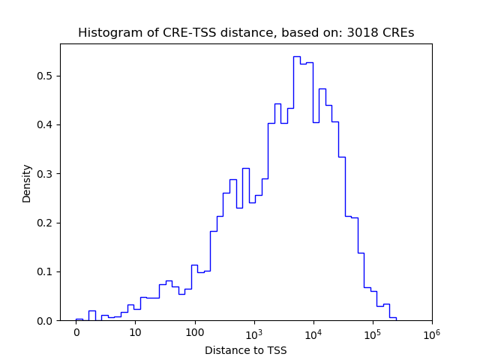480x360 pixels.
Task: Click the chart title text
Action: point(246,33)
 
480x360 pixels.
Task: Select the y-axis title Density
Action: point(27,183)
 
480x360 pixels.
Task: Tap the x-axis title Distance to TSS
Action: point(246,350)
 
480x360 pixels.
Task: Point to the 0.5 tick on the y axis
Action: point(47,76)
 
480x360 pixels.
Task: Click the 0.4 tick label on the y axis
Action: point(47,124)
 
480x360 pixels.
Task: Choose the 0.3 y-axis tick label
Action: point(47,174)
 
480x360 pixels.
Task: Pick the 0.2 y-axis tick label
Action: point(47,223)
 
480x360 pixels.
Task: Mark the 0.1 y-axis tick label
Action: point(47,271)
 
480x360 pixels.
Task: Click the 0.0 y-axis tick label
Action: point(47,321)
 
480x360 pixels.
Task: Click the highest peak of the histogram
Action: point(296,57)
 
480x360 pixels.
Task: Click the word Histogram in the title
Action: point(106,33)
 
